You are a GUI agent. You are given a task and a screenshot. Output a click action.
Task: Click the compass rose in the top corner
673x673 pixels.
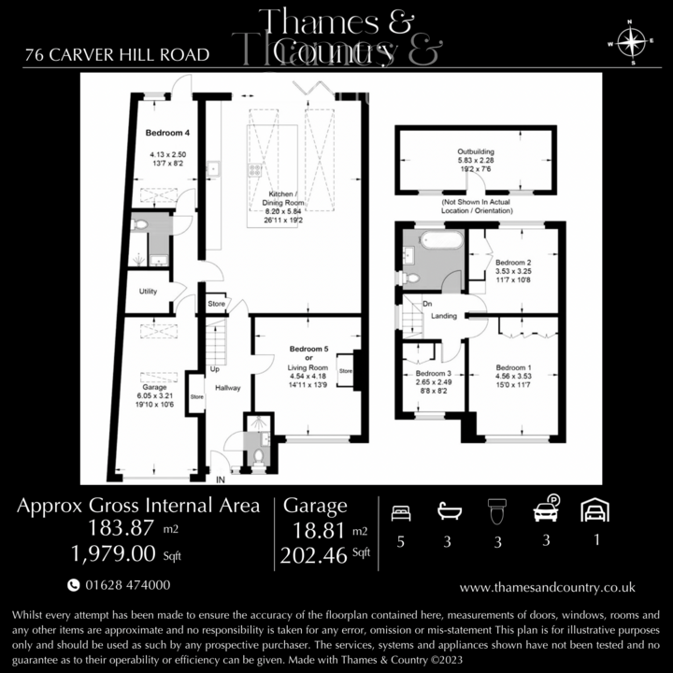coord(633,42)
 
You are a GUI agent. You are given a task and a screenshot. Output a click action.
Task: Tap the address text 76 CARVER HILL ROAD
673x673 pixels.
coord(117,54)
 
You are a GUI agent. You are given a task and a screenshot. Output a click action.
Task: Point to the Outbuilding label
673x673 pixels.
coord(476,151)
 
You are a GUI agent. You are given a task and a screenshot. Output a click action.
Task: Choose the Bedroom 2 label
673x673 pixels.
coord(513,263)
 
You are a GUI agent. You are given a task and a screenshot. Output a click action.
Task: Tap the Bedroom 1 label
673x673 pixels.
coord(513,367)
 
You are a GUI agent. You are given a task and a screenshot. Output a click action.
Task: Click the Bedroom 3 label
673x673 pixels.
coord(433,373)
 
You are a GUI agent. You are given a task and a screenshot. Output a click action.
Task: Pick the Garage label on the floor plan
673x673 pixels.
coord(154,386)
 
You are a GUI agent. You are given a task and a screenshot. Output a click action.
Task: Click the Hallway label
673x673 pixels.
coord(228,386)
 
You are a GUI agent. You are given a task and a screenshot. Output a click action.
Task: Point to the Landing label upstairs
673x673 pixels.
coord(444,316)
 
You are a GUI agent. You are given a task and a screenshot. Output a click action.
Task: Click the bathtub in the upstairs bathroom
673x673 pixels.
coord(440,239)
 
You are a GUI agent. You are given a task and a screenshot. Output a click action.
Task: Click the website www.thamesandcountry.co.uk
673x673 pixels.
coord(548,587)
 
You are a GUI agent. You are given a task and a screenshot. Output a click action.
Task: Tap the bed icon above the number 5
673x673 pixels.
coord(400,511)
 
